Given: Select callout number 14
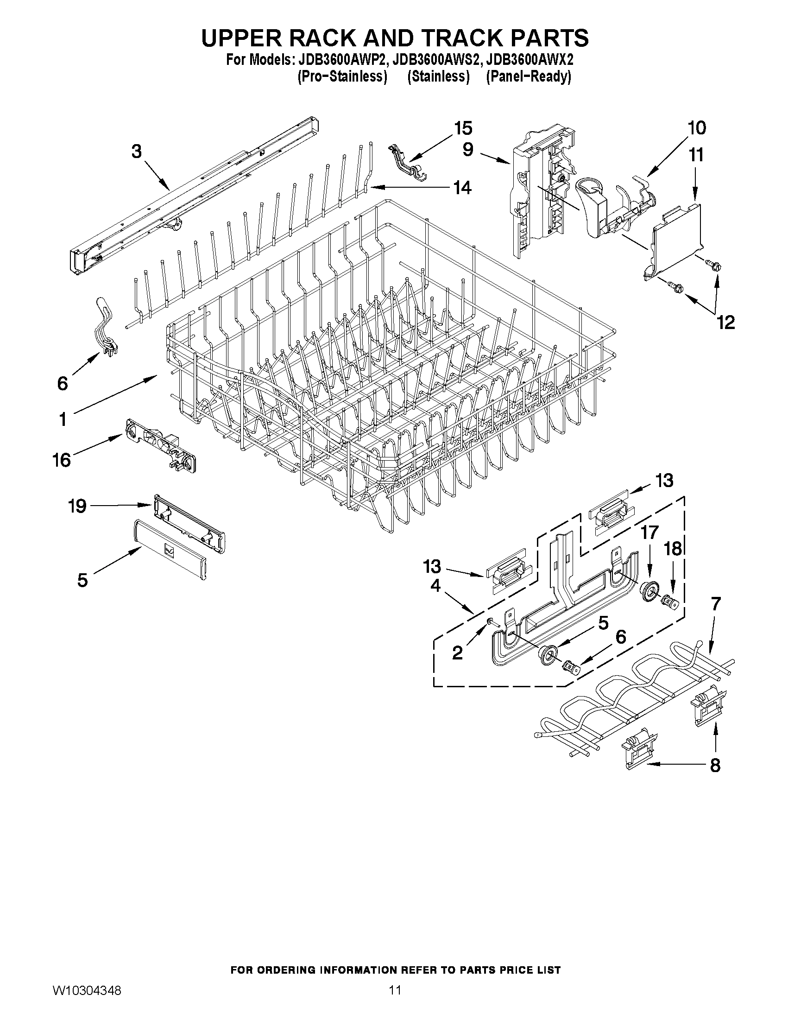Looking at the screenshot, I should tap(462, 188).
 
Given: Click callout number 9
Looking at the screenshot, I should tap(468, 149).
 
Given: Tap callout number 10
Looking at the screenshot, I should tap(696, 128).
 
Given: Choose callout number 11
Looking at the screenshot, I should tap(696, 155).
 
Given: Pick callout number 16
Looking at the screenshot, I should tap(62, 460).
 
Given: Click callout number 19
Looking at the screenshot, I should tap(77, 506).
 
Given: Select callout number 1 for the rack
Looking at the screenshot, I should tap(63, 419).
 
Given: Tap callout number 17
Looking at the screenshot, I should tap(649, 532).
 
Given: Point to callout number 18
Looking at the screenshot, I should tap(673, 549).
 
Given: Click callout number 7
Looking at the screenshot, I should tap(716, 604).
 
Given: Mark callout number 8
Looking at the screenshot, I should tap(715, 766).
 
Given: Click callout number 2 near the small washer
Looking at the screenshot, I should tap(457, 653).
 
